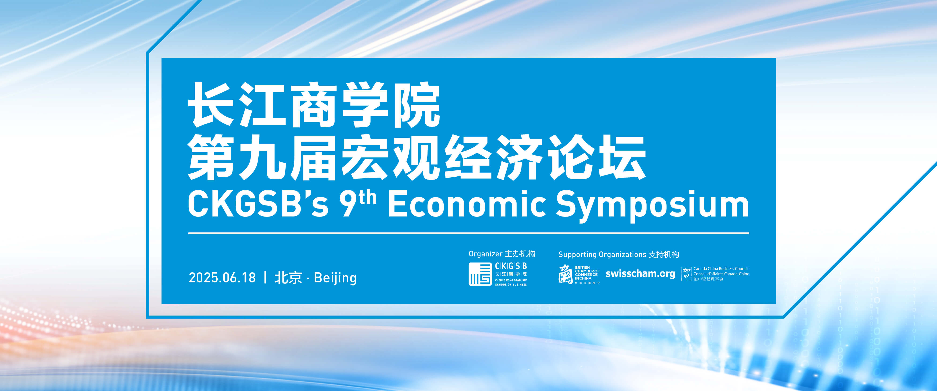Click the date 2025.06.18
pyautogui.click(x=222, y=278)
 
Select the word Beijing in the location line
pyautogui.click(x=335, y=278)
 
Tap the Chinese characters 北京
pyautogui.click(x=288, y=278)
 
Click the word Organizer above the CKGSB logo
pyautogui.click(x=485, y=254)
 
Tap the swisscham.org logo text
pyautogui.click(x=640, y=273)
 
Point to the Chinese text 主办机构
pyautogui.click(x=520, y=254)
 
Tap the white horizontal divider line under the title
pyautogui.click(x=468, y=233)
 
